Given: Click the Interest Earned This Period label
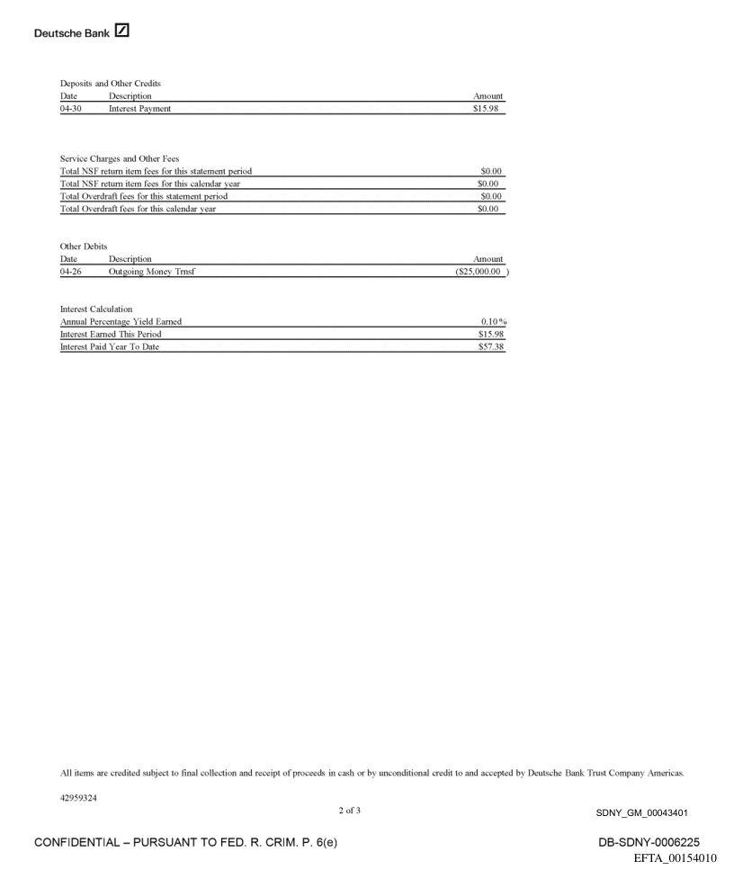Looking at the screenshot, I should pos(112,334).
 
